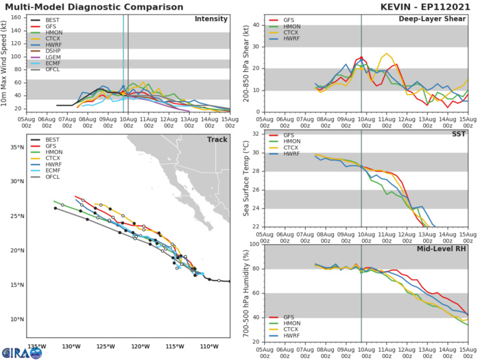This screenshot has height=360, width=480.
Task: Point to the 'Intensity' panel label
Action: (211, 19)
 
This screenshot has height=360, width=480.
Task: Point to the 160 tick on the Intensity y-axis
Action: (19, 17)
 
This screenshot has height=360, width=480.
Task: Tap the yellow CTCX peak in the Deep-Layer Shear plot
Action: (387, 53)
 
